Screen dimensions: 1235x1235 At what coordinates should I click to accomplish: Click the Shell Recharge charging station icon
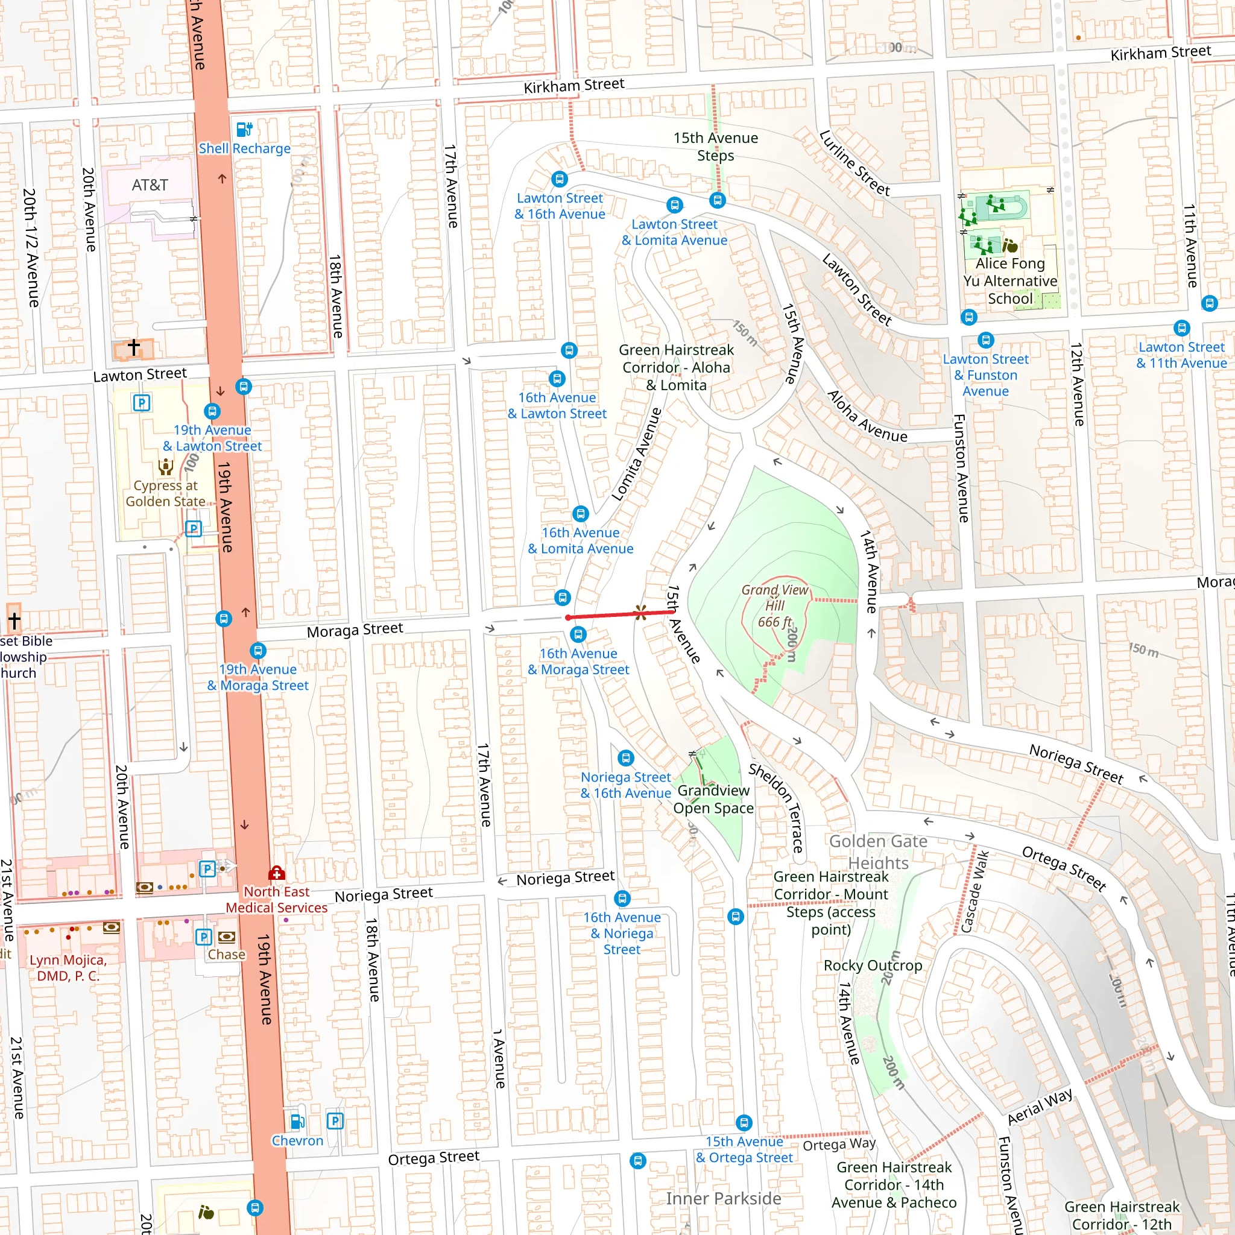(x=245, y=130)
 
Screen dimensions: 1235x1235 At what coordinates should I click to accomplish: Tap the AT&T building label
(x=150, y=185)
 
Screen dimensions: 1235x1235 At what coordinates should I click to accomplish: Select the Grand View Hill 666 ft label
(x=775, y=606)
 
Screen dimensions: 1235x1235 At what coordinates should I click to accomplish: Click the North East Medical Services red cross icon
(x=276, y=873)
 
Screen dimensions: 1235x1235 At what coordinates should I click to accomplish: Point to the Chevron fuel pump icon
(x=297, y=1121)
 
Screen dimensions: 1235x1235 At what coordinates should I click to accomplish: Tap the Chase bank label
(x=226, y=955)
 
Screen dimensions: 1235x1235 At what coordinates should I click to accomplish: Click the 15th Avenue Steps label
(x=715, y=147)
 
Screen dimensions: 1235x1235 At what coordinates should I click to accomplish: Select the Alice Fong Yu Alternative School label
(x=1010, y=280)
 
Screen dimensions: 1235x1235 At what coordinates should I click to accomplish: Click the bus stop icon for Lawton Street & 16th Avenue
(x=560, y=180)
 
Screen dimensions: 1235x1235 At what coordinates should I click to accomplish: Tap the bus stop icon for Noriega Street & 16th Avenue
(x=626, y=758)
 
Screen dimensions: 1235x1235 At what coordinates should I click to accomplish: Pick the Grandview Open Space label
(x=713, y=799)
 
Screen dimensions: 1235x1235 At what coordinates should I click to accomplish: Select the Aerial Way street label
(x=1040, y=1107)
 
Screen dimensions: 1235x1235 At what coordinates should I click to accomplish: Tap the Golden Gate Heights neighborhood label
(x=877, y=851)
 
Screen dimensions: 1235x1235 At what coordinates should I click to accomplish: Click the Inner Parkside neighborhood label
(x=723, y=1198)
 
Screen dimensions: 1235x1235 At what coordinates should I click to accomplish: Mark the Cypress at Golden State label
(x=166, y=493)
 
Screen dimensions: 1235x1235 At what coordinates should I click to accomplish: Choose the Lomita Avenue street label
(x=637, y=454)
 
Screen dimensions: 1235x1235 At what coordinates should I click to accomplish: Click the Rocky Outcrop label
(x=873, y=965)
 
